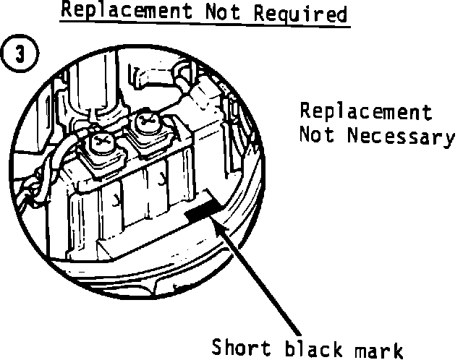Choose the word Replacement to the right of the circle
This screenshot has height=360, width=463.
366,113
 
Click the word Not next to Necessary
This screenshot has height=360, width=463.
317,135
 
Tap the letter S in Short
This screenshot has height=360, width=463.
218,346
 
